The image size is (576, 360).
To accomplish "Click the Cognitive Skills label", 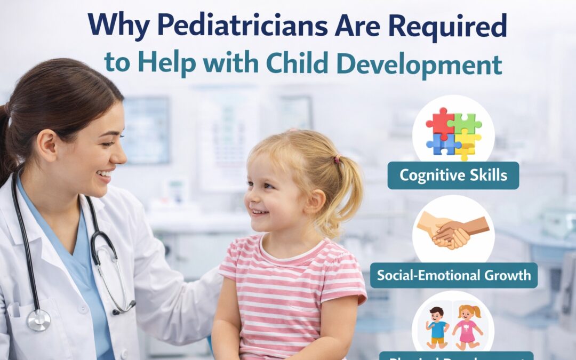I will (453, 175).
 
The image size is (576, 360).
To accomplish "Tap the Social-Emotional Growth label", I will (453, 275).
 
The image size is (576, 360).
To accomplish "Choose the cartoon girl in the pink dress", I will (467, 326).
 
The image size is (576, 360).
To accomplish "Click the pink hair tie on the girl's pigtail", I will (337, 159).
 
